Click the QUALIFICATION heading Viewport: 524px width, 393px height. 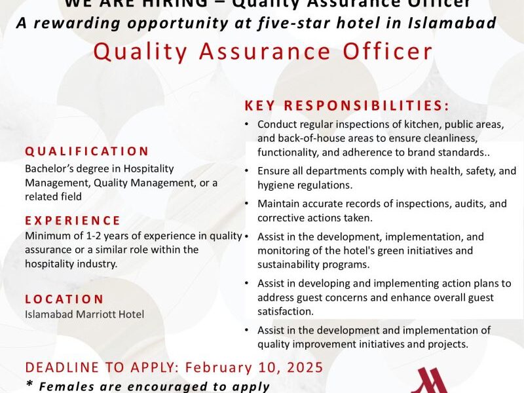[87, 151]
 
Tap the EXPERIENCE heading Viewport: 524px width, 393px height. [73, 221]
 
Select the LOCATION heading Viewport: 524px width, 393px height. [64, 299]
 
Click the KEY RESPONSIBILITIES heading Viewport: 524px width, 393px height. [347, 105]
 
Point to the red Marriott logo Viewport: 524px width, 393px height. [430, 382]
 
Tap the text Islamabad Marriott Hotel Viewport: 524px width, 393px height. [84, 314]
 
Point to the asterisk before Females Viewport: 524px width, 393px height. [29, 385]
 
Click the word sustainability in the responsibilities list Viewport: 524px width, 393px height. [288, 265]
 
